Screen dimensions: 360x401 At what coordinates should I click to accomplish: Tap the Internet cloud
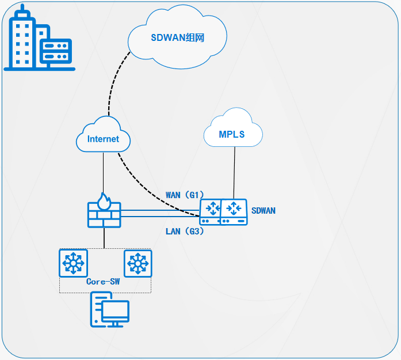pyautogui.click(x=104, y=138)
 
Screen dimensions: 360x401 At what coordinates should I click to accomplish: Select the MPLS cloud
pyautogui.click(x=232, y=134)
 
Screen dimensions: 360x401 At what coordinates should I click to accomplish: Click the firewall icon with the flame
pyautogui.click(x=104, y=213)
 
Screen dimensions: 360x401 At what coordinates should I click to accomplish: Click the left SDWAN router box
pyautogui.click(x=210, y=212)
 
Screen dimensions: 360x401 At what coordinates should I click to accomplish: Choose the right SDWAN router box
pyautogui.click(x=234, y=212)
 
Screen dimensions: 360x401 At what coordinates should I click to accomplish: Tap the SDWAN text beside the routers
pyautogui.click(x=263, y=211)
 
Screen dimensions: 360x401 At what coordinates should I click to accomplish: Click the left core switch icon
pyautogui.click(x=74, y=263)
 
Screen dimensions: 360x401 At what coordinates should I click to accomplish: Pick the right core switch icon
pyautogui.click(x=138, y=263)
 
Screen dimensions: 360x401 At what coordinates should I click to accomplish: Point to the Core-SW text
pyautogui.click(x=103, y=282)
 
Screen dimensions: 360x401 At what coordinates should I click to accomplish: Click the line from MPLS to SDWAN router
pyautogui.click(x=234, y=173)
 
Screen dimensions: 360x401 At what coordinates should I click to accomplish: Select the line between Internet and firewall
pyautogui.click(x=104, y=173)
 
